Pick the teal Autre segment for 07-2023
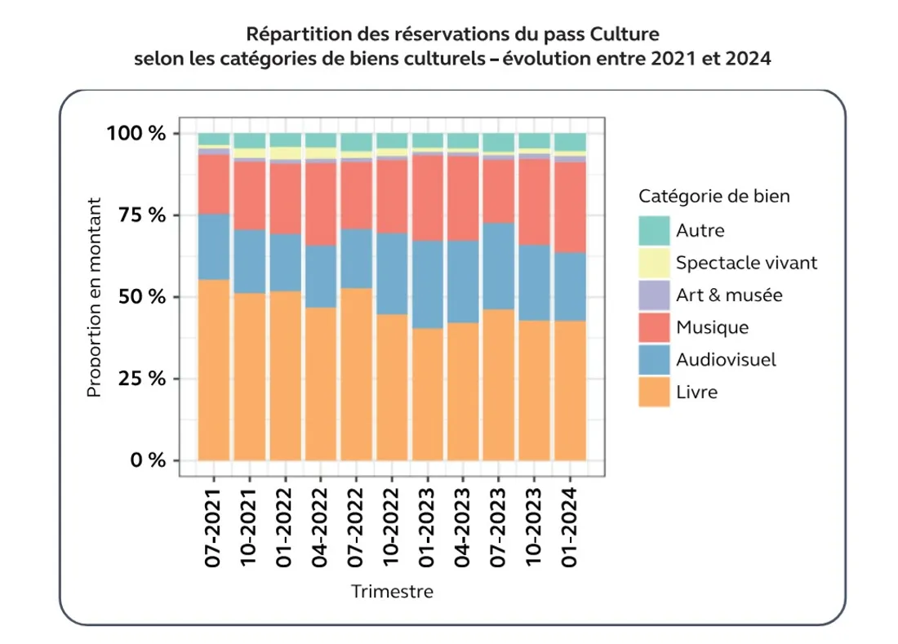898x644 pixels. [499, 142]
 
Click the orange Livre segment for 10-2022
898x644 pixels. [392, 387]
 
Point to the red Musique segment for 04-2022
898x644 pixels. [321, 204]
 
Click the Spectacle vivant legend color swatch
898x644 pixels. [654, 263]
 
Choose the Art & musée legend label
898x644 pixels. [728, 295]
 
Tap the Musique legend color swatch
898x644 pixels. [654, 327]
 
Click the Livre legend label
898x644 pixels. [696, 392]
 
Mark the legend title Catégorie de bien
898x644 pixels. [714, 197]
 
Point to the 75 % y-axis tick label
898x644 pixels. [136, 215]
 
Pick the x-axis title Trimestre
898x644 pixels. [392, 591]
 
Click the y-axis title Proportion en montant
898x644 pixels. [94, 297]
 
